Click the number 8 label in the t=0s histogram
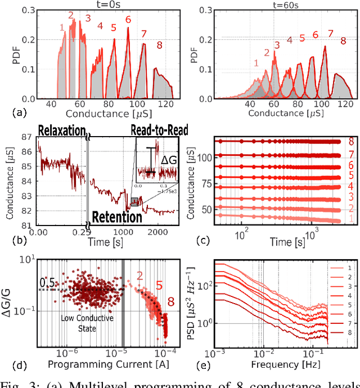click(x=160, y=46)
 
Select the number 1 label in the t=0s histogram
click(x=61, y=26)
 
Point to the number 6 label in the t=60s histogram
click(x=316, y=35)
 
